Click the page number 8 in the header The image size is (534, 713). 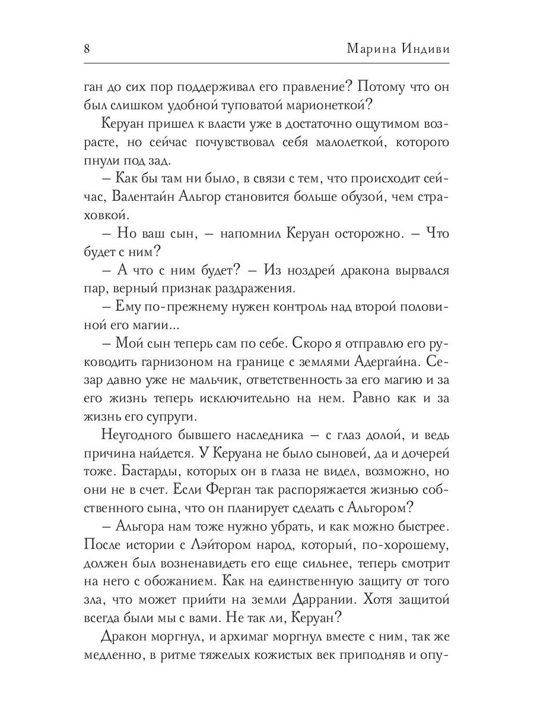click(87, 49)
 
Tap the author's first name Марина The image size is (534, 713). click(370, 49)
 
